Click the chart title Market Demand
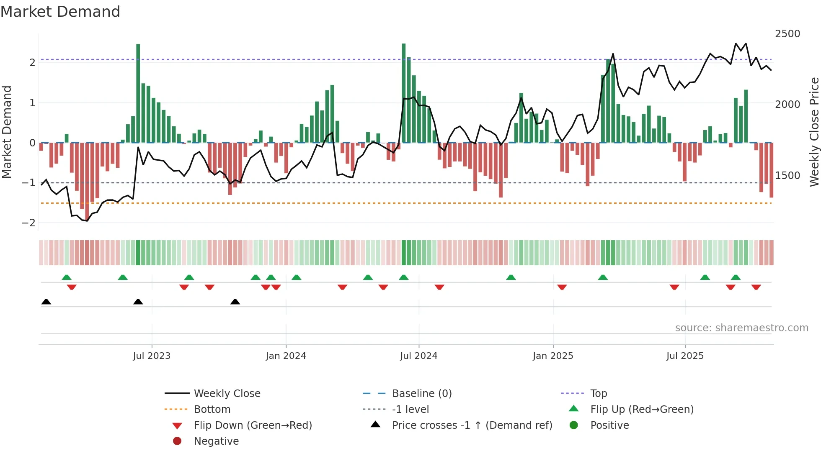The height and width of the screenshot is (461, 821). coord(60,12)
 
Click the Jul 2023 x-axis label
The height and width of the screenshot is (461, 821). coord(152,356)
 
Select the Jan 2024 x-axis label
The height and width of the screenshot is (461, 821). coord(286,356)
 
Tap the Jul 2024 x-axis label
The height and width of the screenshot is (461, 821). coord(418,356)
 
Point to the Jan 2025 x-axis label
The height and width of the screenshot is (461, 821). coord(553,356)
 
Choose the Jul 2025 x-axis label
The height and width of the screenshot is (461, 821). coord(685,356)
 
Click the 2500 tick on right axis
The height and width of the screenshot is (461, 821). coord(787,34)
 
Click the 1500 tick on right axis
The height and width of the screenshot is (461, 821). coord(787,176)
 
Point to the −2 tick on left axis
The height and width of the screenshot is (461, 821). coord(28,223)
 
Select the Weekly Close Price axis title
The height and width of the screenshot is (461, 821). coord(814,132)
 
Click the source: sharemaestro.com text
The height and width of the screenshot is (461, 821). coord(741,328)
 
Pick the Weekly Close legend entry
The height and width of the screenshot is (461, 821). coord(227,394)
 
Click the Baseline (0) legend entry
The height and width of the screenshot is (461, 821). coord(421,394)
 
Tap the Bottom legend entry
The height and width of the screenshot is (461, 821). coord(212,410)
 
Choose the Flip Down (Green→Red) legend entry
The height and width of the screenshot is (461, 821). coord(253,425)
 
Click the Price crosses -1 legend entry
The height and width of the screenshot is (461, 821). coord(472,425)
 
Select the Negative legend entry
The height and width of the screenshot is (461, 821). coord(216,441)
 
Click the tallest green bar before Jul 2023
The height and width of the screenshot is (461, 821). coord(138,93)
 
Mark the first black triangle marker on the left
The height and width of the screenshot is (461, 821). coord(46,302)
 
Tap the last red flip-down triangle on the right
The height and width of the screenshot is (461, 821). coord(756,287)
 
